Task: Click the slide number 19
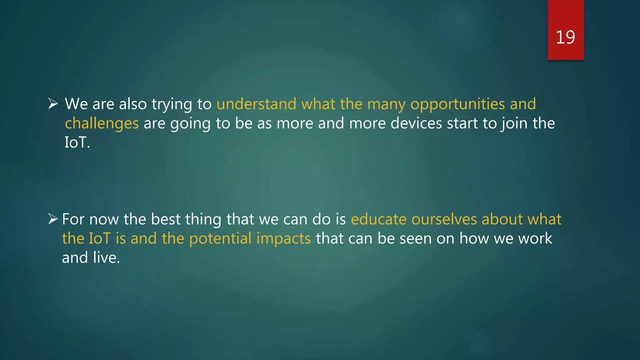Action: click(565, 37)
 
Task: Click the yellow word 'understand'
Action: click(256, 104)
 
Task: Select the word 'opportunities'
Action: click(457, 104)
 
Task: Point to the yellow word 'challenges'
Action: click(102, 123)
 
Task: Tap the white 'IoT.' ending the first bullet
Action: click(77, 142)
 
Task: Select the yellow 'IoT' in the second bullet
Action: click(100, 238)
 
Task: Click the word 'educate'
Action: click(378, 219)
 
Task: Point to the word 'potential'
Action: click(220, 239)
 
